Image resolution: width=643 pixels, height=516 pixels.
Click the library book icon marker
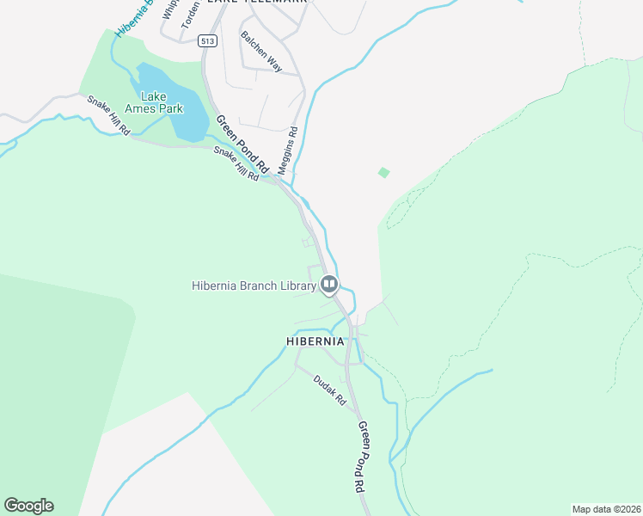pos(329,284)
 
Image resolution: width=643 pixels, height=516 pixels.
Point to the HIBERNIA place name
pos(315,341)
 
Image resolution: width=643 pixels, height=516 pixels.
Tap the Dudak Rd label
pos(328,390)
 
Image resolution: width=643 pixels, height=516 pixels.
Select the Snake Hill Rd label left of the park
pos(107,114)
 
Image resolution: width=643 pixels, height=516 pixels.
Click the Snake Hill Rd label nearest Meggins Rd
pos(236,163)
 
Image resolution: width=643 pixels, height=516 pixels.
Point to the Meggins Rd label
pos(286,148)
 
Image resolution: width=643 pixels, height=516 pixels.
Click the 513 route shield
pos(206,40)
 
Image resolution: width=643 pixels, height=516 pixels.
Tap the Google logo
pos(28,506)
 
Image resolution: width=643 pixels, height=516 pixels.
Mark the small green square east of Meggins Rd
pos(383,173)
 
